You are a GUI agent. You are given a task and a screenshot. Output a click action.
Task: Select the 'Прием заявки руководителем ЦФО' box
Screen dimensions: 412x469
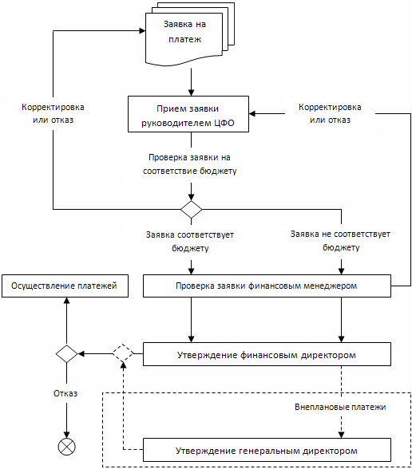pos(188,114)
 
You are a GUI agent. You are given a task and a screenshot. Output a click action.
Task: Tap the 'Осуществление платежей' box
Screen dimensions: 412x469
pos(65,286)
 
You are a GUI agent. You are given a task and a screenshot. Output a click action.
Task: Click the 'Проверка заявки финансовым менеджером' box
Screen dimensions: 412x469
pos(267,286)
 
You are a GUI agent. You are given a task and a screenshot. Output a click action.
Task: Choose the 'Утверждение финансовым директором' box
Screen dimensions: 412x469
pos(267,354)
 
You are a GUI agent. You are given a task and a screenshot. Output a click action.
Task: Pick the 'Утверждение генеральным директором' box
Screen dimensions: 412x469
pos(267,450)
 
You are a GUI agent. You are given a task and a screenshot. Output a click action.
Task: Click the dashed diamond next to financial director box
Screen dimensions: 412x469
pos(123,354)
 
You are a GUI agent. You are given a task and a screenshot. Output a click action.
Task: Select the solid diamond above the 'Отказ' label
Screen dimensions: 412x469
pos(66,354)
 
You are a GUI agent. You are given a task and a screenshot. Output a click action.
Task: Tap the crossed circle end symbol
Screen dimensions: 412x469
pos(66,447)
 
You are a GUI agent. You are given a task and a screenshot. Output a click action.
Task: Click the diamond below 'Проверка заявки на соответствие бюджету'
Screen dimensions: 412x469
pos(192,209)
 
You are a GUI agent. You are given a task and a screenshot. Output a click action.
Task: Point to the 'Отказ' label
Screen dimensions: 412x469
pos(65,393)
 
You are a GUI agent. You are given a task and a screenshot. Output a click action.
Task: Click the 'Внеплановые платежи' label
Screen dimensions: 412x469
pos(340,407)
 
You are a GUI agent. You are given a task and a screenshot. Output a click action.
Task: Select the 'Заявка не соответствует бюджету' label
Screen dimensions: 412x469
pos(340,241)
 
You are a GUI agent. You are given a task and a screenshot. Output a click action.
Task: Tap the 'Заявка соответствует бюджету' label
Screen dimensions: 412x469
pos(190,242)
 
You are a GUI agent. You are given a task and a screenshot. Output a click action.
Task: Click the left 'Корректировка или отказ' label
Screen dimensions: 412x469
pos(53,113)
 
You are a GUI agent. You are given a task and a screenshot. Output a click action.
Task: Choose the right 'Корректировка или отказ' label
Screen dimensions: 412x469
pos(330,113)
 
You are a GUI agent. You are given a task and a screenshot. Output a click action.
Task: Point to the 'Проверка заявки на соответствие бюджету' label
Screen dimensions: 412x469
pos(190,164)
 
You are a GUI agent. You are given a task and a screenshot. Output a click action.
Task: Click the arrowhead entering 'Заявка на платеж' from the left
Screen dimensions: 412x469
pos(142,30)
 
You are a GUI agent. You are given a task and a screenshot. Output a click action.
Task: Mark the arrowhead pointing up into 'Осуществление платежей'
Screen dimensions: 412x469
pos(66,301)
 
